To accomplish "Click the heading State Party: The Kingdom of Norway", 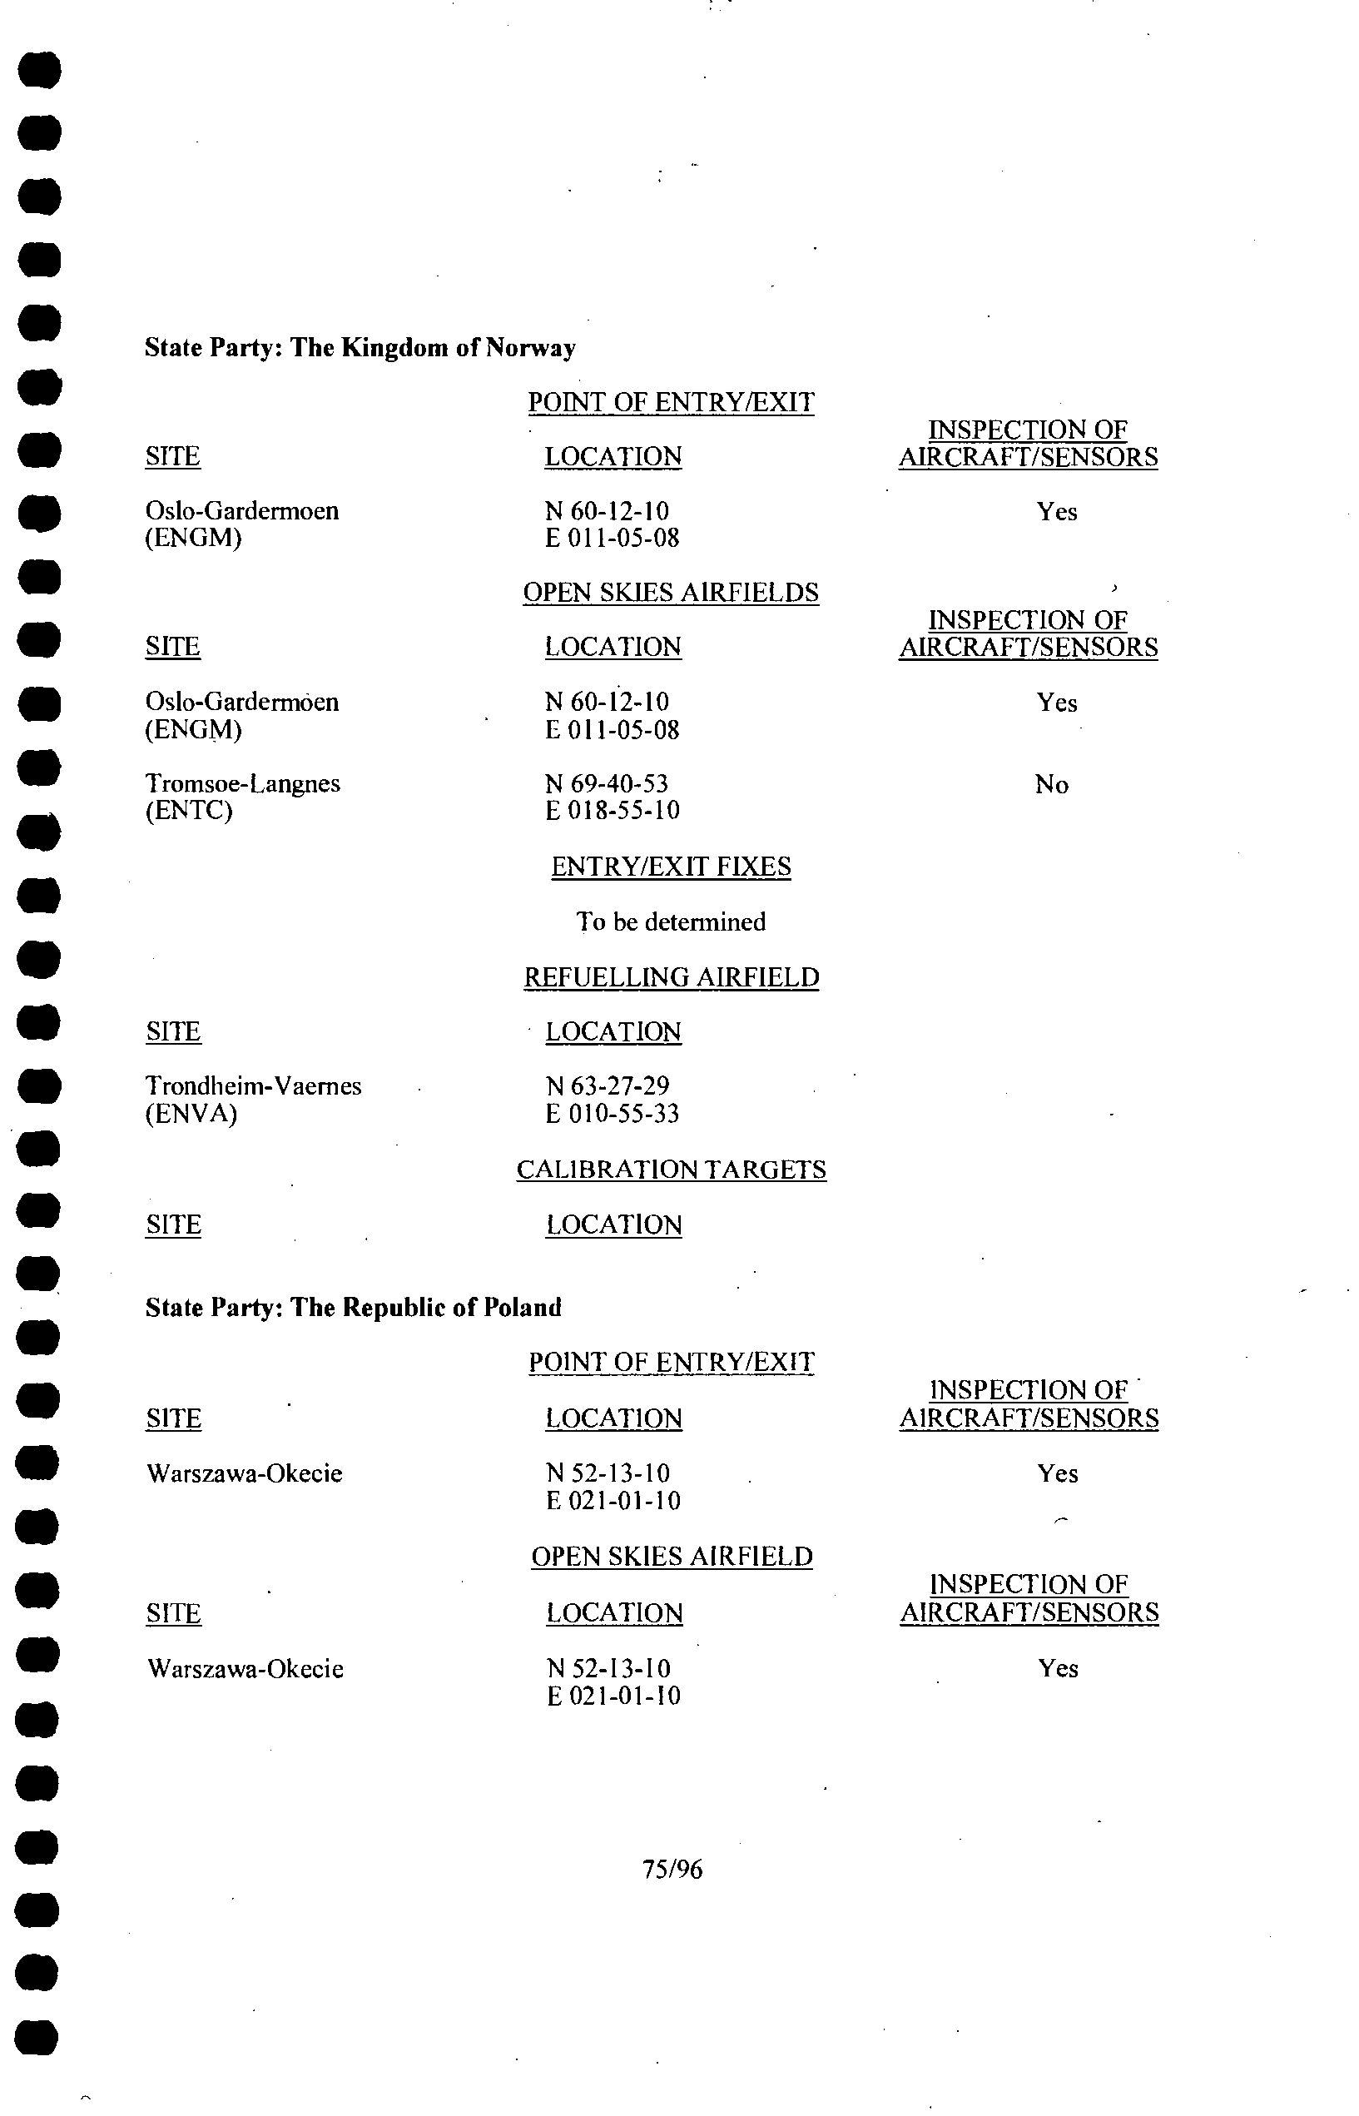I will tap(360, 348).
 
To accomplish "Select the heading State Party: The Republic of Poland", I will tap(353, 1307).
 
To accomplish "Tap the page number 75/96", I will tap(672, 1869).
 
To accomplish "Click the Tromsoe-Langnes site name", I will tap(243, 783).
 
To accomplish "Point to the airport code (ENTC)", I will tap(189, 810).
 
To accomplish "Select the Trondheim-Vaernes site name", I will tap(253, 1085).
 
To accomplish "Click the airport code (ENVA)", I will tap(191, 1114).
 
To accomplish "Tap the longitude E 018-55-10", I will tap(613, 810).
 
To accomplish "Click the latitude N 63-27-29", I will tap(608, 1085).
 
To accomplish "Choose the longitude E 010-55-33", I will tap(613, 1114).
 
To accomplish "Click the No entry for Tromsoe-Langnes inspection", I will tap(1051, 784).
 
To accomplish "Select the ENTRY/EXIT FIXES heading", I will tap(671, 867).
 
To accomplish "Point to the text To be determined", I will tap(671, 922).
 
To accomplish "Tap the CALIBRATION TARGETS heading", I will tap(671, 1170).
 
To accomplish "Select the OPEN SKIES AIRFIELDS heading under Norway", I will tap(671, 592).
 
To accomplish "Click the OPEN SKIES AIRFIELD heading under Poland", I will tap(671, 1557).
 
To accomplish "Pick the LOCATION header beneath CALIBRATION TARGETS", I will tap(613, 1224).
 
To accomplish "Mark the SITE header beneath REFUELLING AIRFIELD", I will tap(173, 1031).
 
